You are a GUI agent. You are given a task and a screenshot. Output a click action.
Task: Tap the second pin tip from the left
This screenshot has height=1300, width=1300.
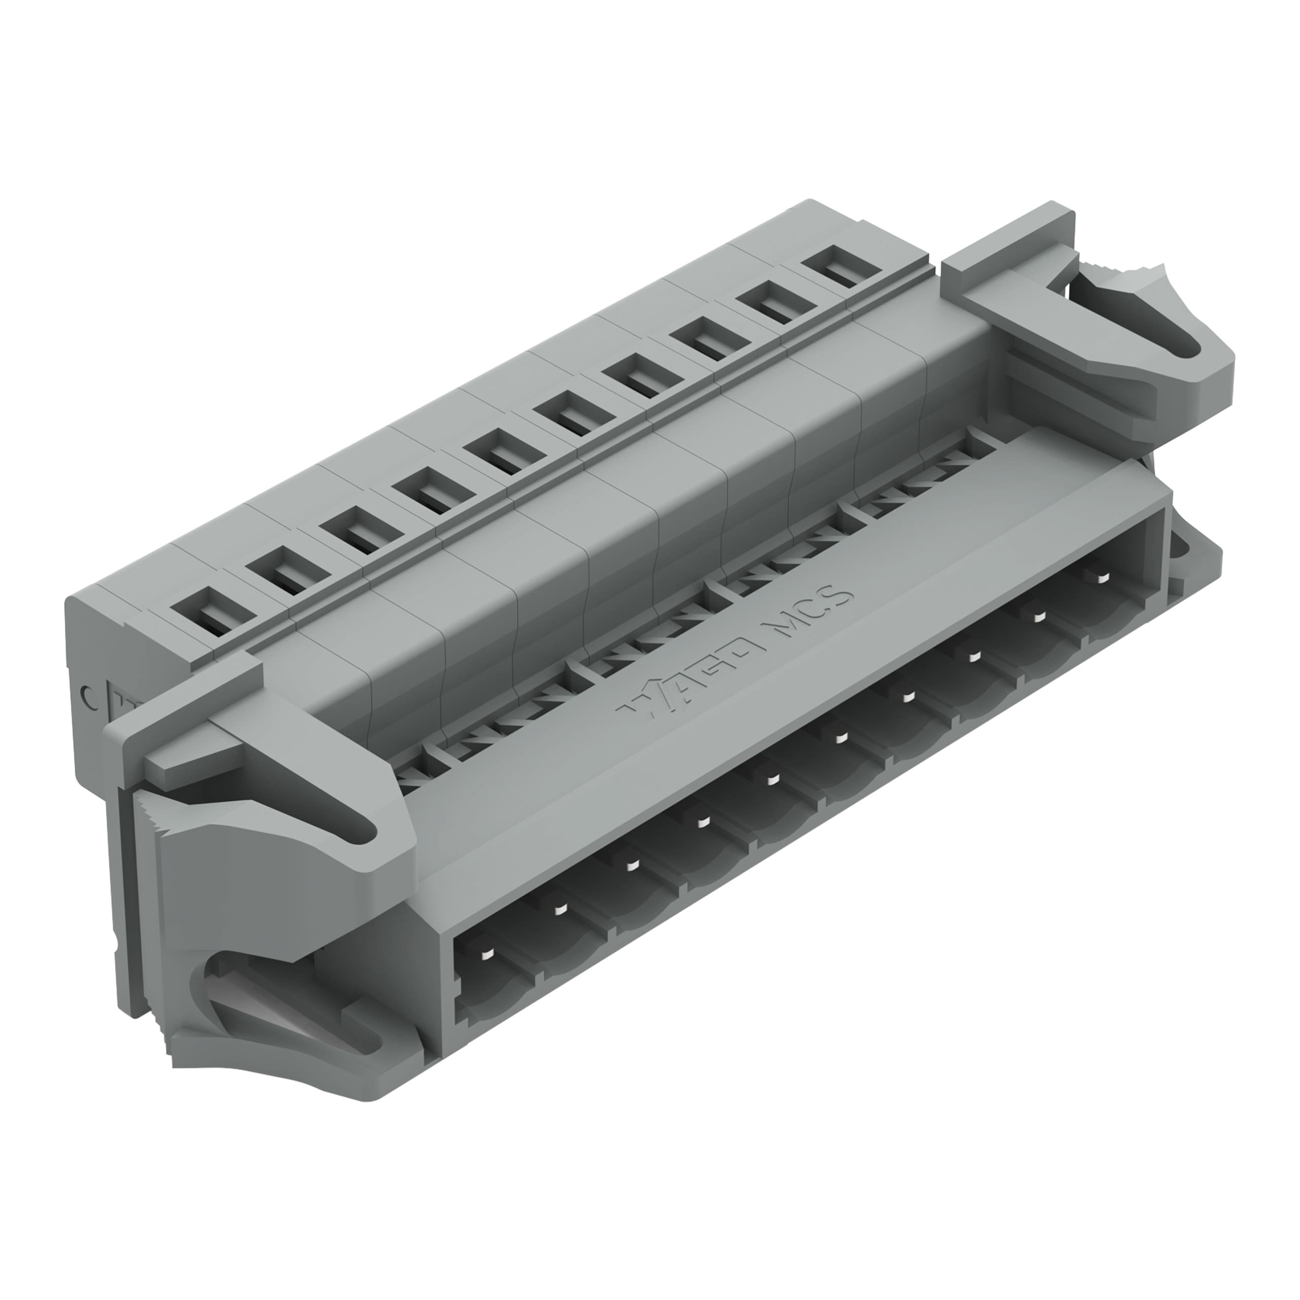click(x=558, y=909)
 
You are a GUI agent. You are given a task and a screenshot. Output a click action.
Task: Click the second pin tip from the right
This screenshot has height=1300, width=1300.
click(x=1039, y=617)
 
